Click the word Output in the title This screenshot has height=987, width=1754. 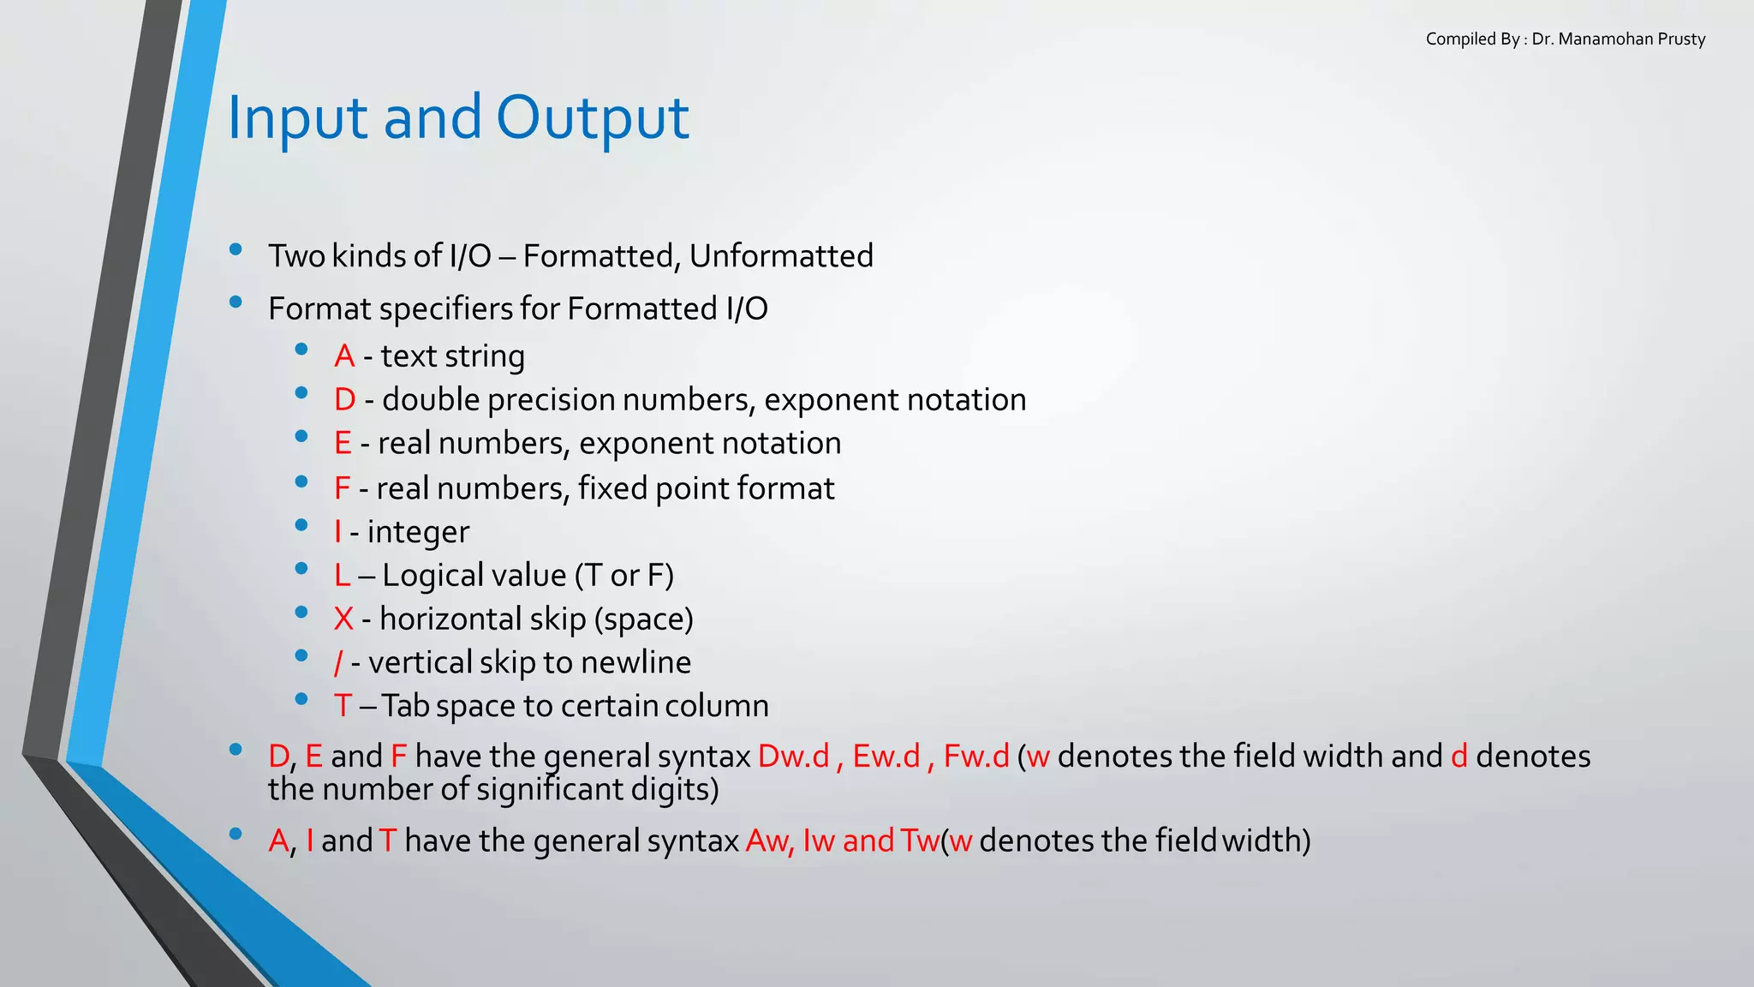coord(592,118)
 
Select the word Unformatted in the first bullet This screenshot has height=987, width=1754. coord(781,256)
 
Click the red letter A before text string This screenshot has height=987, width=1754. coord(344,356)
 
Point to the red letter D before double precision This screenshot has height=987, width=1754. coord(344,400)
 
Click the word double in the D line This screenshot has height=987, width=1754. coord(431,400)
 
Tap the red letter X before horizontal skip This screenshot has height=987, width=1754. coord(343,619)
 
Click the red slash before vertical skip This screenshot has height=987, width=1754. coord(338,663)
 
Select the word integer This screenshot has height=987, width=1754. coord(418,532)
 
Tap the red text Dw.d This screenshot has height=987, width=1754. coord(794,757)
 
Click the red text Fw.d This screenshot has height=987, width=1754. coord(976,757)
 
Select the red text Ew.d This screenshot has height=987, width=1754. coord(886,757)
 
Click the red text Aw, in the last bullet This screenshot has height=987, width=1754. coord(770,841)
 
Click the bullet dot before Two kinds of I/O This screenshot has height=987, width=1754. coord(236,250)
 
